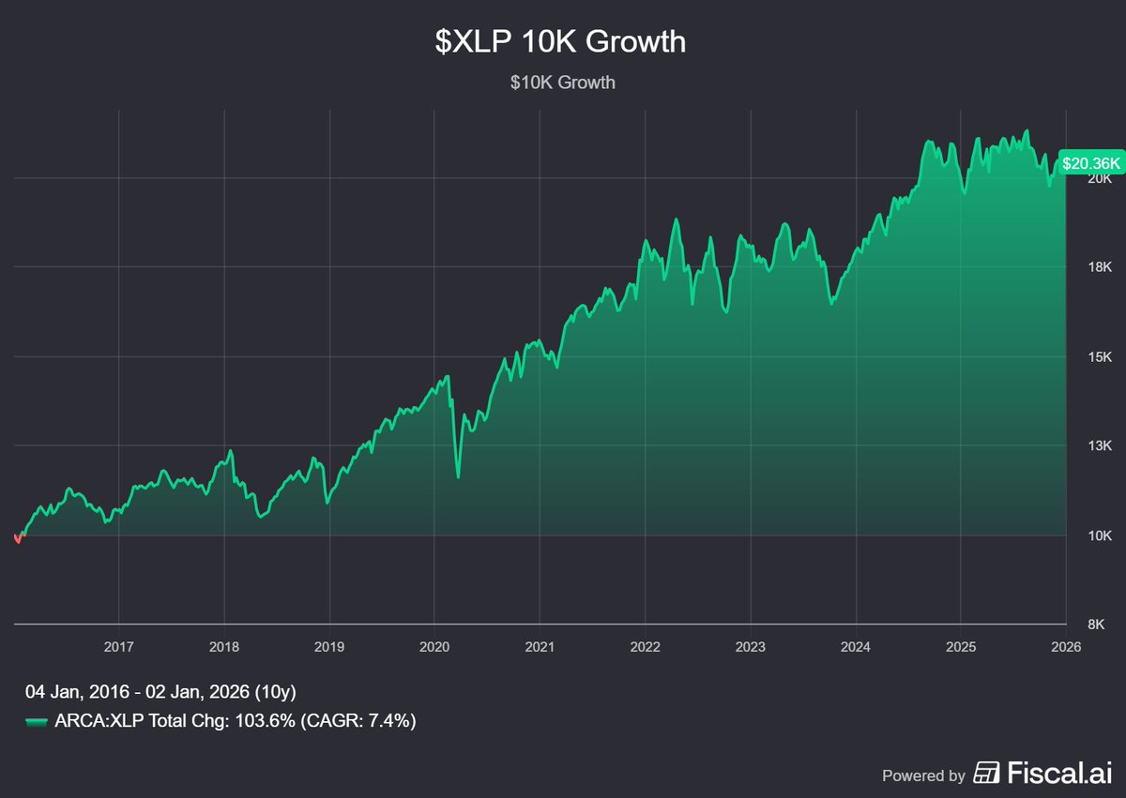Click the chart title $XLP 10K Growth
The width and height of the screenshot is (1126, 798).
point(562,42)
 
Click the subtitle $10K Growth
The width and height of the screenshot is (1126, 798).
point(562,83)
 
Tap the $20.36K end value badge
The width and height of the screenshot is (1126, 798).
point(1090,163)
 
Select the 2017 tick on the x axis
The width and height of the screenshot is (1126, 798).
point(118,646)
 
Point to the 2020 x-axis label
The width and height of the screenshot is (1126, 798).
point(434,646)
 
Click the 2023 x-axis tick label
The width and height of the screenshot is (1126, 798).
point(750,646)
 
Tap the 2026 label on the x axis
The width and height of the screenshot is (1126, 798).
point(1066,646)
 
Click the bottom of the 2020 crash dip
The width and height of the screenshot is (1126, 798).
point(458,476)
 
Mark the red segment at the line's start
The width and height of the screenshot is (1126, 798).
point(18,538)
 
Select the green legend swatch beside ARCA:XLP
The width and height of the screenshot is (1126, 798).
point(36,721)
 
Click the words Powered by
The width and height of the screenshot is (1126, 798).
point(923,775)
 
